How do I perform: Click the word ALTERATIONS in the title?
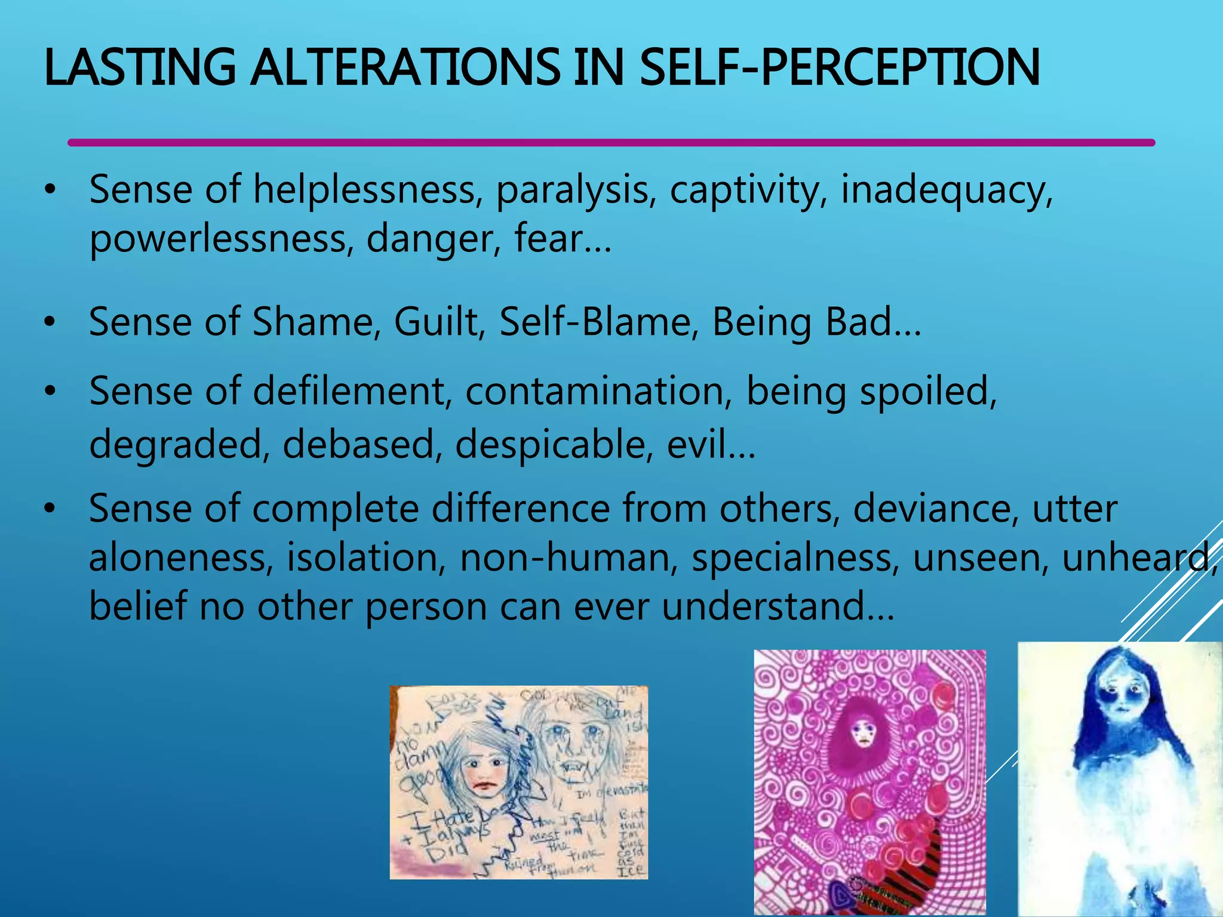pyautogui.click(x=405, y=67)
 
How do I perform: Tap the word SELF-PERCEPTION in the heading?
pyautogui.click(x=839, y=67)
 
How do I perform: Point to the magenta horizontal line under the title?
pyautogui.click(x=611, y=143)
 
